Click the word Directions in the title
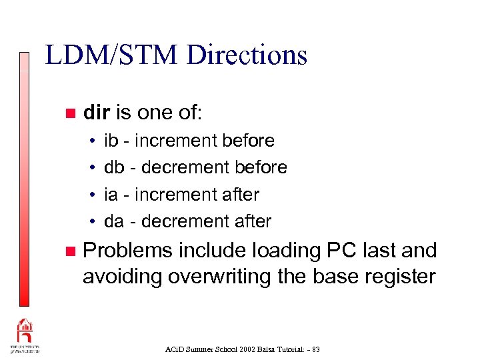pyautogui.click(x=247, y=55)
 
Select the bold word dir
pyautogui.click(x=97, y=113)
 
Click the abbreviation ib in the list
pyautogui.click(x=111, y=141)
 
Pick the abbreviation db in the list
pyautogui.click(x=114, y=167)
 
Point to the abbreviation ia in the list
pyautogui.click(x=111, y=195)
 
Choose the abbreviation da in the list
pyautogui.click(x=114, y=221)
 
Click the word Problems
pyautogui.click(x=127, y=251)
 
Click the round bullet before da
pyautogui.click(x=91, y=221)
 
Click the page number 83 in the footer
pyautogui.click(x=315, y=349)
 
